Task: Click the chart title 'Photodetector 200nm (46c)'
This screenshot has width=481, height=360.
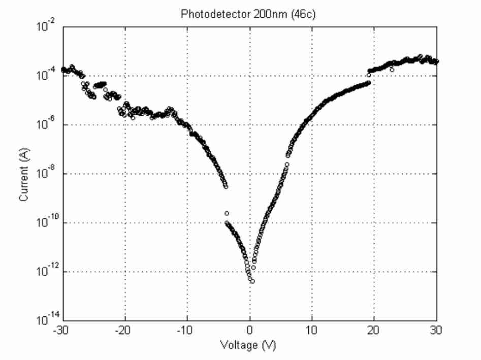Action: click(x=248, y=14)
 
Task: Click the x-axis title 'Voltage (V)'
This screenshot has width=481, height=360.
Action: click(x=248, y=346)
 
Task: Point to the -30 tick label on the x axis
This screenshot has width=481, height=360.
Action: click(x=60, y=330)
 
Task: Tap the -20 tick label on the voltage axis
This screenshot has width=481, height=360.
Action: click(x=123, y=330)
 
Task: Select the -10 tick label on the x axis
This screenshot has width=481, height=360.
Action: click(x=186, y=330)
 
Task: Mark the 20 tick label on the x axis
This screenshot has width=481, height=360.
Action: click(x=374, y=330)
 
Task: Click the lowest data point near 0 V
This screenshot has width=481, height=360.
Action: click(x=252, y=281)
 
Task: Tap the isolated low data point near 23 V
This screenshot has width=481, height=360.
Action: click(x=392, y=70)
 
